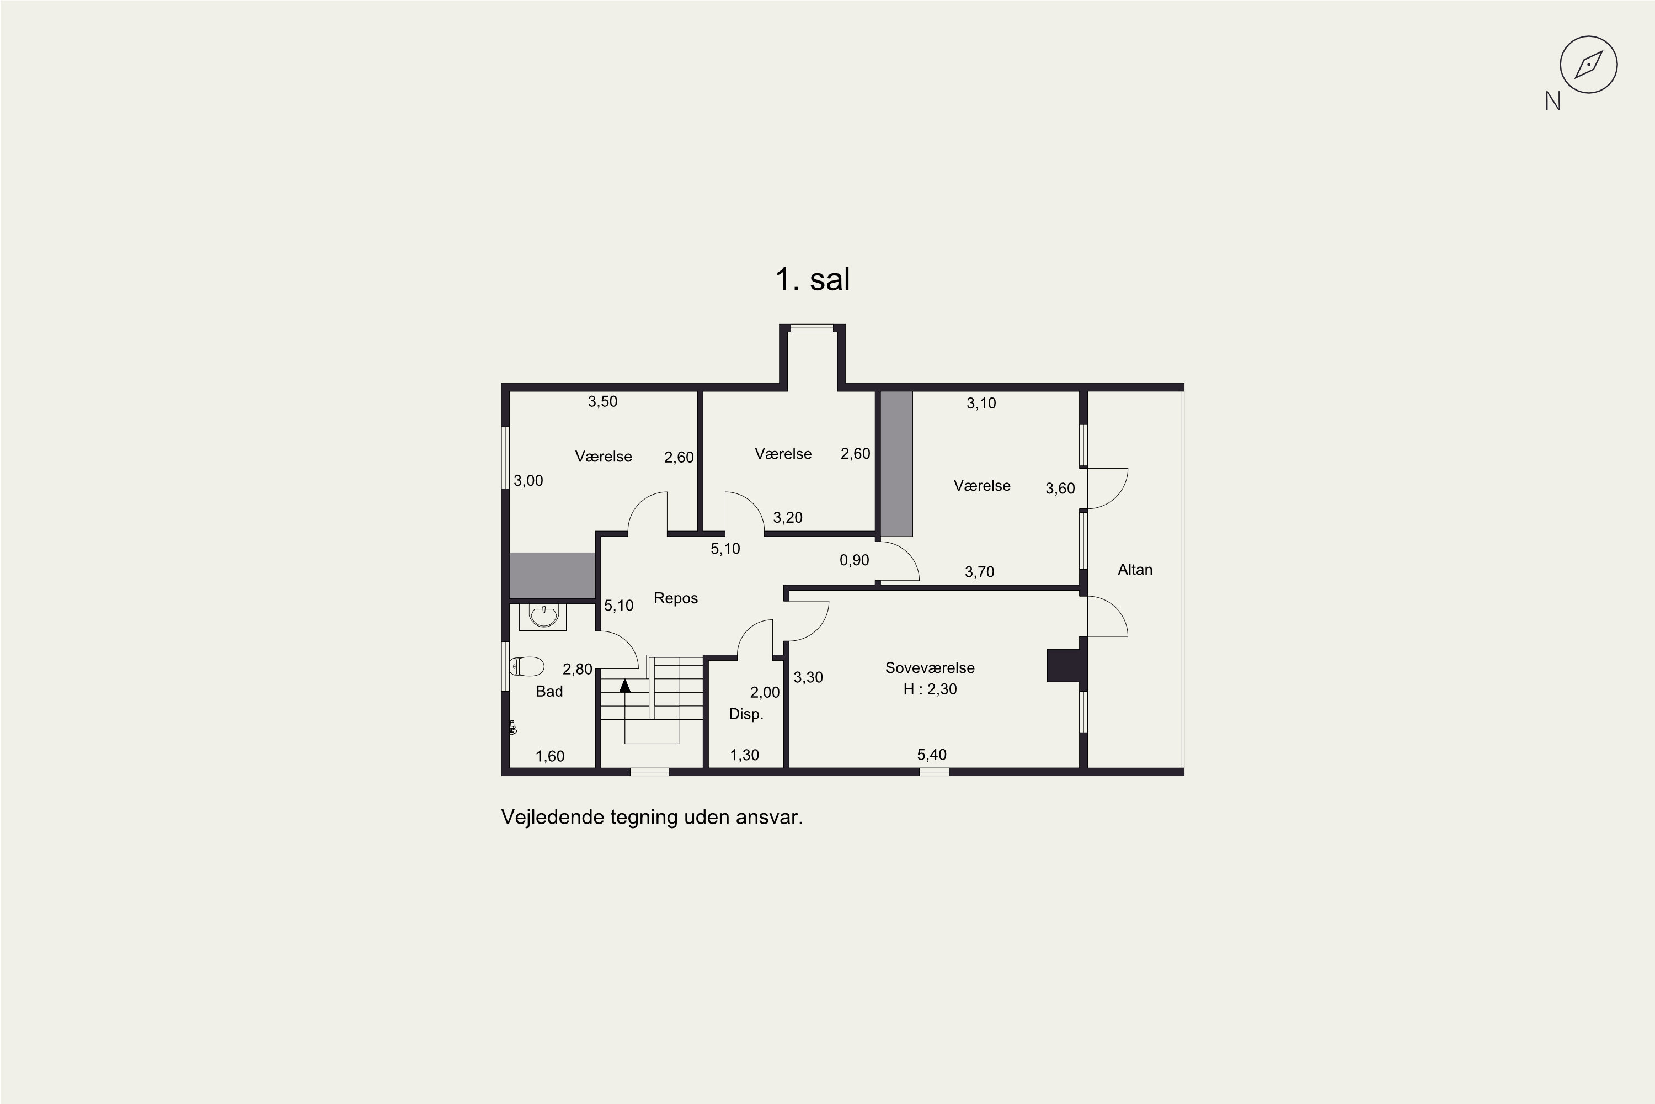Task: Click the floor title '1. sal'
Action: (813, 279)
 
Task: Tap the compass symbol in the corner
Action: (1588, 65)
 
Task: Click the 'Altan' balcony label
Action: (1135, 570)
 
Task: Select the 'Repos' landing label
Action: (675, 598)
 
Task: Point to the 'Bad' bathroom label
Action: (549, 692)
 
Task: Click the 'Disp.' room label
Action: (746, 714)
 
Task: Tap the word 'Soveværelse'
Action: (930, 667)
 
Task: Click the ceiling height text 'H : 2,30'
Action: (930, 689)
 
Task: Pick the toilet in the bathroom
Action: (527, 666)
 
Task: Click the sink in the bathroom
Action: (543, 616)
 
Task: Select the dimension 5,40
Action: (932, 755)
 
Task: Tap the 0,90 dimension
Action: (854, 560)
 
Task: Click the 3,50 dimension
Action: (603, 401)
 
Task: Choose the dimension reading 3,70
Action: (980, 572)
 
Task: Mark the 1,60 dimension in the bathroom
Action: (549, 756)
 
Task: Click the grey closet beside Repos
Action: (552, 575)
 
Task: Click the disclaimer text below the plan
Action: (652, 818)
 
